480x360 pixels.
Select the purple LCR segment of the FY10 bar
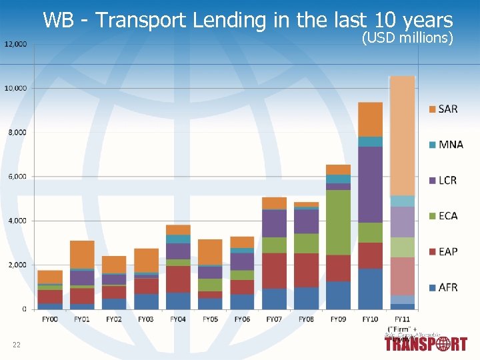[370, 184]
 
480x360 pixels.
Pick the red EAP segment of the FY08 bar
[306, 270]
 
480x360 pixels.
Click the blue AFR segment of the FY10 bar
[370, 289]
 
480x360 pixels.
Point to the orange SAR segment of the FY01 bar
[82, 254]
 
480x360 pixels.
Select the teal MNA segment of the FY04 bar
[178, 239]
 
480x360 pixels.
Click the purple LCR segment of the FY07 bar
[274, 223]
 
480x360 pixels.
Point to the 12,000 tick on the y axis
[16, 44]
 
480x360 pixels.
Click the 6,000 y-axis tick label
[17, 177]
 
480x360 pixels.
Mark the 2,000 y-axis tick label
[17, 265]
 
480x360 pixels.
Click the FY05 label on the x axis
[209, 319]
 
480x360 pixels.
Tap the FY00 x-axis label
[50, 319]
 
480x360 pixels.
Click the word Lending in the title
[231, 20]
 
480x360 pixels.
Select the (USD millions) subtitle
[407, 37]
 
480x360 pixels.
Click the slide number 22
[16, 344]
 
